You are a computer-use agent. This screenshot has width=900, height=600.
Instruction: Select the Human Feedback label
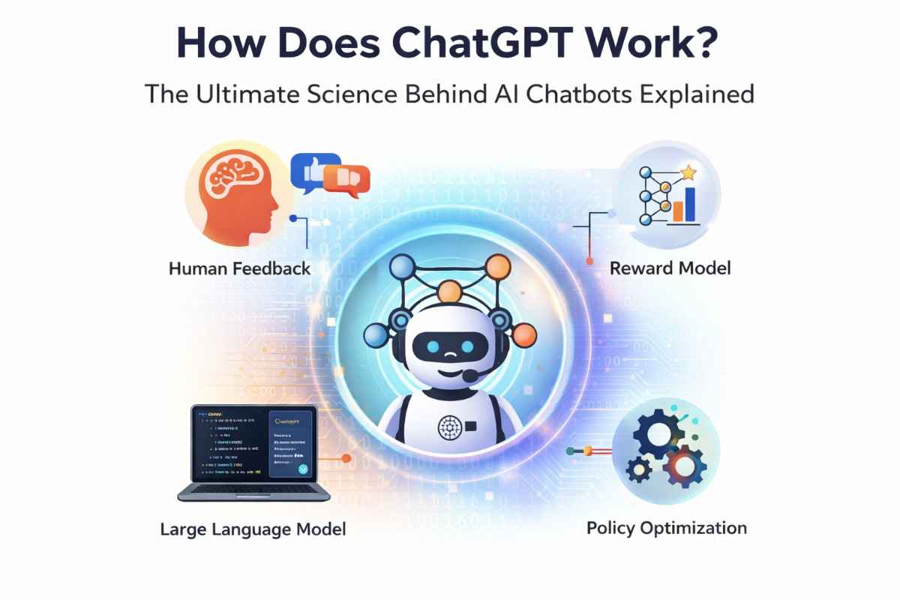[x=239, y=268]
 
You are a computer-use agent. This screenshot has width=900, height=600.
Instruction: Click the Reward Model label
[x=670, y=268]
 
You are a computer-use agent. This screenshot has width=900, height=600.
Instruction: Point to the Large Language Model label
[x=253, y=529]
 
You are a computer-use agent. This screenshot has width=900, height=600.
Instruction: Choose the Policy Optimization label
[x=667, y=528]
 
